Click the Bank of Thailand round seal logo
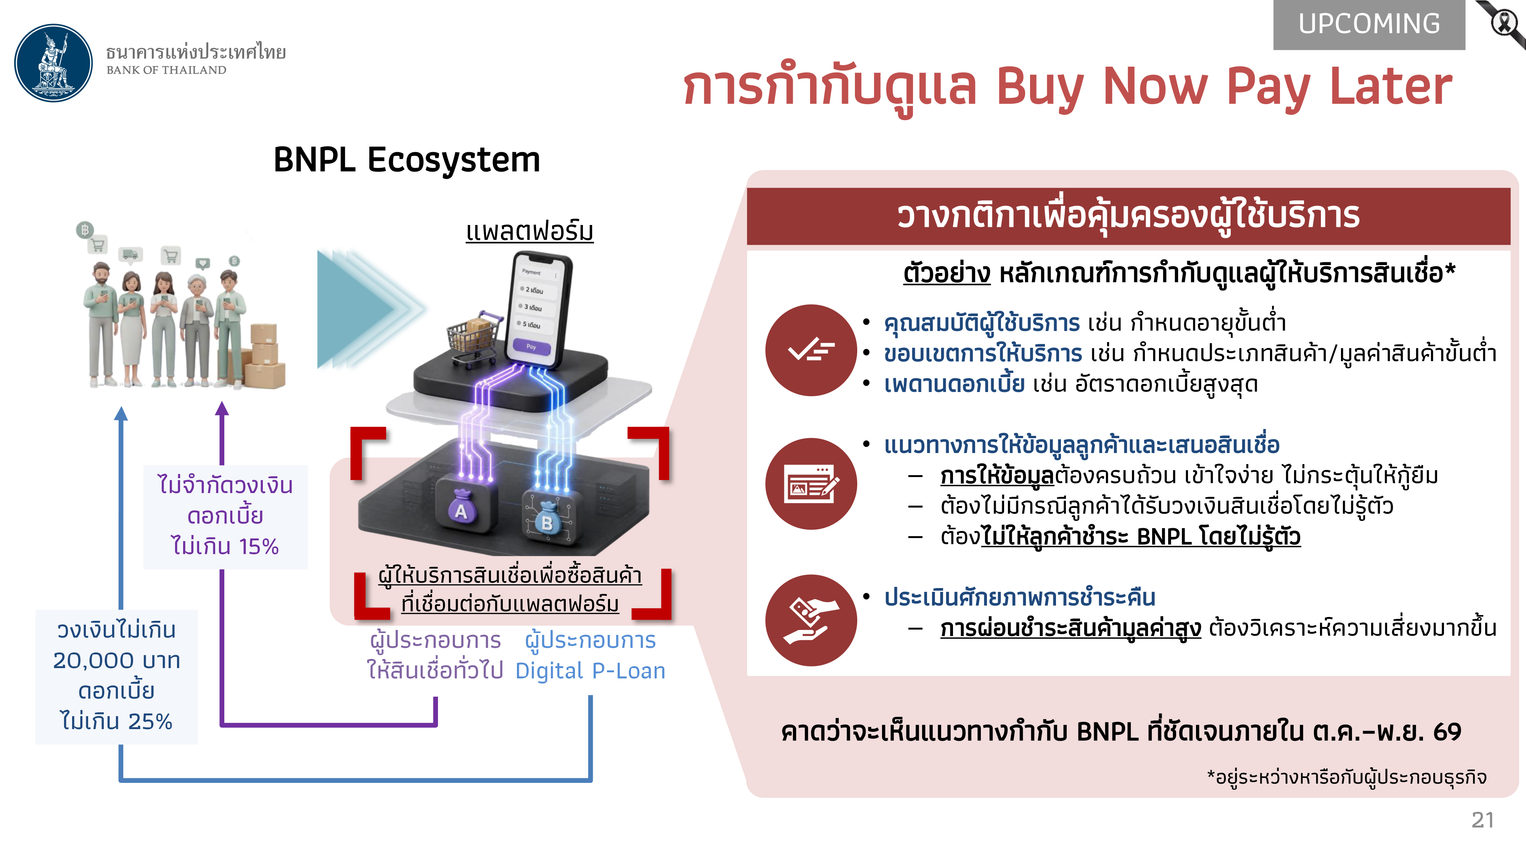tap(53, 63)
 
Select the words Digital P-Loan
tap(590, 671)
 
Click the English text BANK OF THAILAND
tap(166, 70)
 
